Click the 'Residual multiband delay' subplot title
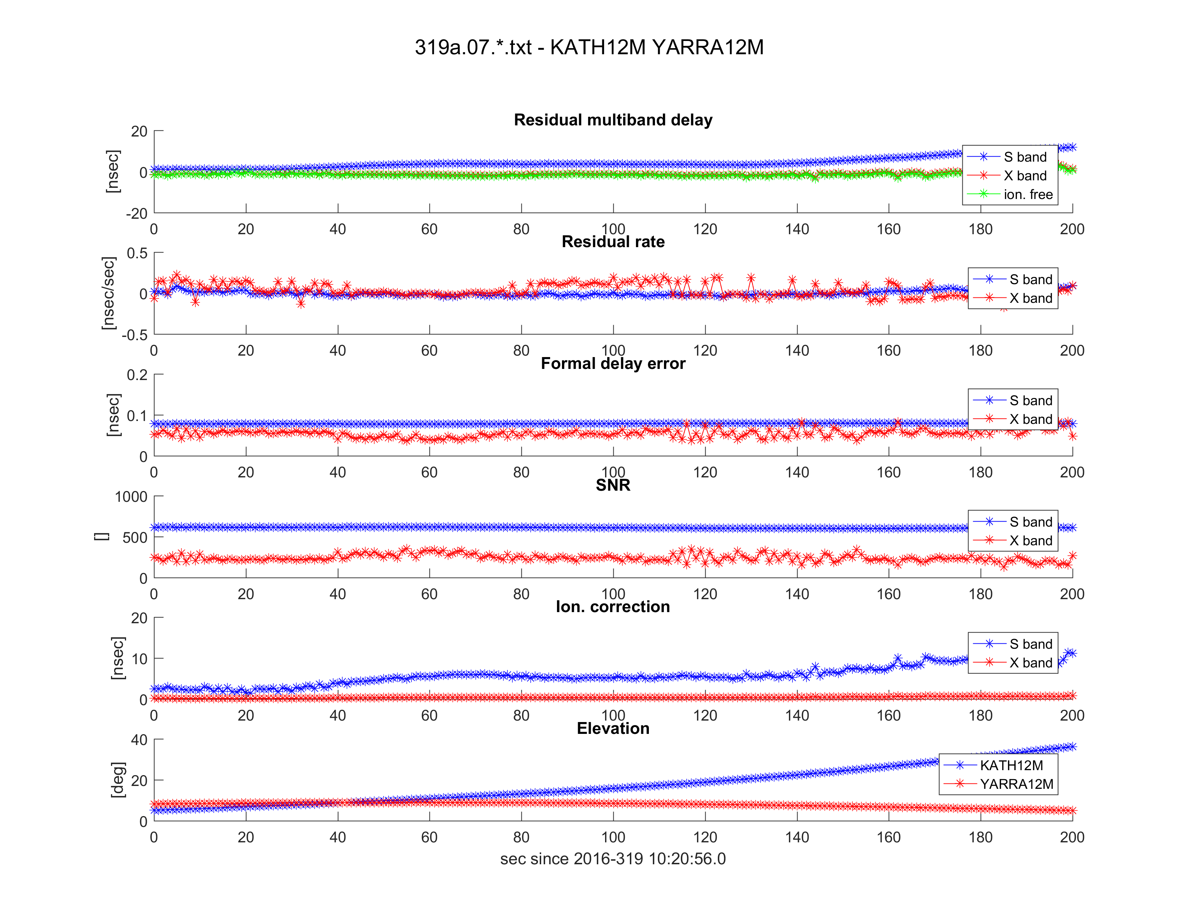[x=613, y=120]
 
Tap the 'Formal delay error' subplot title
[x=613, y=363]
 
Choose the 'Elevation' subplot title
[x=613, y=728]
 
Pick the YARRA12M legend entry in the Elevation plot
[x=1016, y=784]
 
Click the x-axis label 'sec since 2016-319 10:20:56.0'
[x=613, y=859]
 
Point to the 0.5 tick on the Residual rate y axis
[x=137, y=253]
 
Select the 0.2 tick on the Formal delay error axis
[x=137, y=375]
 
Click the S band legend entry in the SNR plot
[x=1030, y=522]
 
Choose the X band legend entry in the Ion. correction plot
[x=1030, y=663]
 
